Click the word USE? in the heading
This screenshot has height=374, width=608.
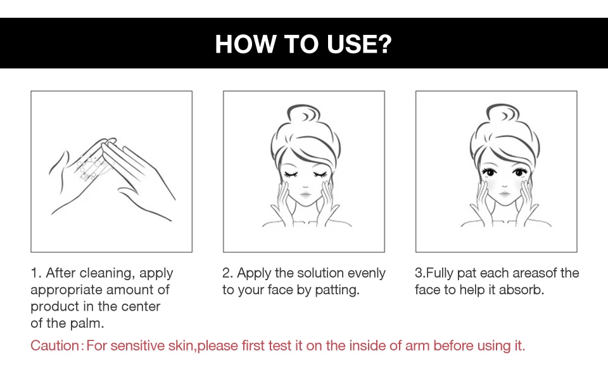point(359,44)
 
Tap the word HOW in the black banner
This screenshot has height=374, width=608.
point(246,44)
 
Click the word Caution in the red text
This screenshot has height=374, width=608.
point(54,345)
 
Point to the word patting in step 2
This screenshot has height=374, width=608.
point(337,290)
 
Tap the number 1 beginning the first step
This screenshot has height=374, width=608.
point(35,273)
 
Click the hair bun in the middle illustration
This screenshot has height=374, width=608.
point(303,113)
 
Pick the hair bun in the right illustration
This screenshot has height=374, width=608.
point(502,113)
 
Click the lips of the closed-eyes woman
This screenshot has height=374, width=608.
point(305,194)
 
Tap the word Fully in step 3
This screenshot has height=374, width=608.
point(440,273)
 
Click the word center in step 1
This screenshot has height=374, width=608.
point(141,307)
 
